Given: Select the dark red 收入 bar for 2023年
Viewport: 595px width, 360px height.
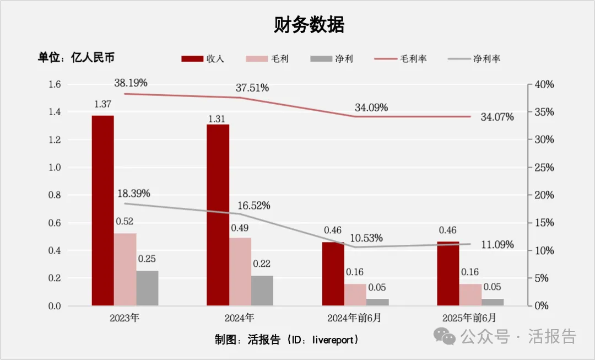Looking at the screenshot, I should pyautogui.click(x=103, y=209).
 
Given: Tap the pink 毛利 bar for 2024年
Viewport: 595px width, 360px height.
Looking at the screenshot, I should pyautogui.click(x=240, y=271).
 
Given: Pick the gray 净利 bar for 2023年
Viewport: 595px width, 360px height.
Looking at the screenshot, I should pyautogui.click(x=148, y=288).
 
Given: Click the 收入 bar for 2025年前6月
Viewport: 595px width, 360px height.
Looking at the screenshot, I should pyautogui.click(x=448, y=273).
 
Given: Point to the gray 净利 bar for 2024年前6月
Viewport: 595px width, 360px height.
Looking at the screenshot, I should pyautogui.click(x=377, y=302).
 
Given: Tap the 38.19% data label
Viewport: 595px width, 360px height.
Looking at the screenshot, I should pyautogui.click(x=131, y=83).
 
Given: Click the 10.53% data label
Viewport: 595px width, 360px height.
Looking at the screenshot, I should pyautogui.click(x=366, y=238).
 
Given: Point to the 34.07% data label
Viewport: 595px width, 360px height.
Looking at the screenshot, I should pyautogui.click(x=497, y=117).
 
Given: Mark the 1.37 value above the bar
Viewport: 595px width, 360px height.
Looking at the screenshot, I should pyautogui.click(x=102, y=104).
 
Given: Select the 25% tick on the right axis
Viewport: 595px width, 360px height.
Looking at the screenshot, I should pyautogui.click(x=544, y=168).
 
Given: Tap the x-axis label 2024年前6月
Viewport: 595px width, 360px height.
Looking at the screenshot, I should pyautogui.click(x=354, y=318).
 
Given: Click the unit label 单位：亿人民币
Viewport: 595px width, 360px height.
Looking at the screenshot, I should pyautogui.click(x=76, y=58).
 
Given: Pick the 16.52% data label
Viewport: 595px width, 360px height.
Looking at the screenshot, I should pyautogui.click(x=253, y=206).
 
